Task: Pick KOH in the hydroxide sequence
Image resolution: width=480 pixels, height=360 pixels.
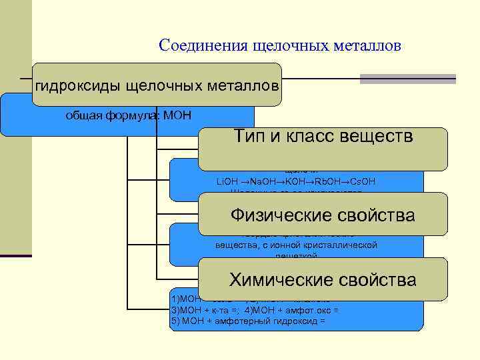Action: click(x=295, y=181)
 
